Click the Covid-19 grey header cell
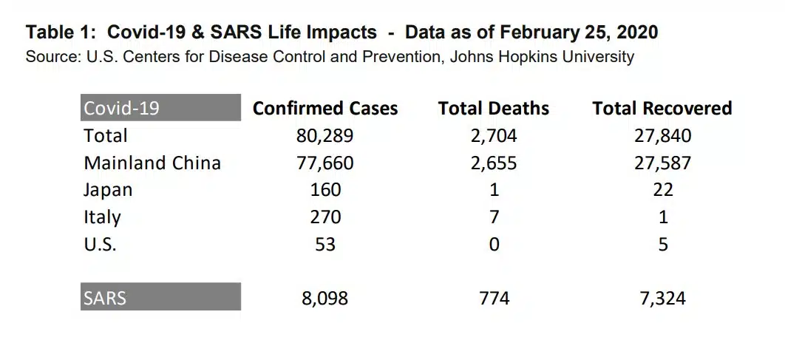[x=160, y=108]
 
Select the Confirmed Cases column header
[x=325, y=109]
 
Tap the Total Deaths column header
[x=493, y=109]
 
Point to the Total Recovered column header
[x=662, y=109]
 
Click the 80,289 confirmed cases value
[x=325, y=136]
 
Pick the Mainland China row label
[x=152, y=163]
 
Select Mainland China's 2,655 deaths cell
[x=493, y=163]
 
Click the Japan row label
[x=108, y=189]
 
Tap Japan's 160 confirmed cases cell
[x=325, y=189]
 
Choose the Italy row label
[x=102, y=217]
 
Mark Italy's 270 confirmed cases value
[x=325, y=217]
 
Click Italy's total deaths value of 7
[x=494, y=217]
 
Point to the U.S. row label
[x=100, y=243]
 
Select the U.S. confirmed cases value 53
[x=325, y=243]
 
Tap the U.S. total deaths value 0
[x=494, y=243]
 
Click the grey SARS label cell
[x=160, y=297]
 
